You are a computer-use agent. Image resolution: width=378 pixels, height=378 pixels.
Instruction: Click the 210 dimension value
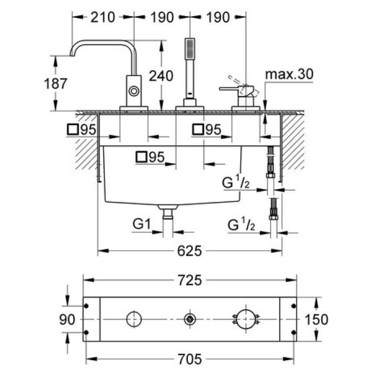(x=103, y=17)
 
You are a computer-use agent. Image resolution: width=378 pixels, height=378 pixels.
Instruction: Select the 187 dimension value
(x=56, y=84)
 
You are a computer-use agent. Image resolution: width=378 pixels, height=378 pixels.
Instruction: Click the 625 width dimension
(x=190, y=251)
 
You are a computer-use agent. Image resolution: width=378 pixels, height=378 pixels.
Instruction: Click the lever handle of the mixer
(x=232, y=88)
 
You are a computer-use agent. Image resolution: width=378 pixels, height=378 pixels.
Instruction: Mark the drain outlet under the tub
(x=167, y=213)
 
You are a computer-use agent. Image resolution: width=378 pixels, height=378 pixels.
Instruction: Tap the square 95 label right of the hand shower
(x=207, y=130)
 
